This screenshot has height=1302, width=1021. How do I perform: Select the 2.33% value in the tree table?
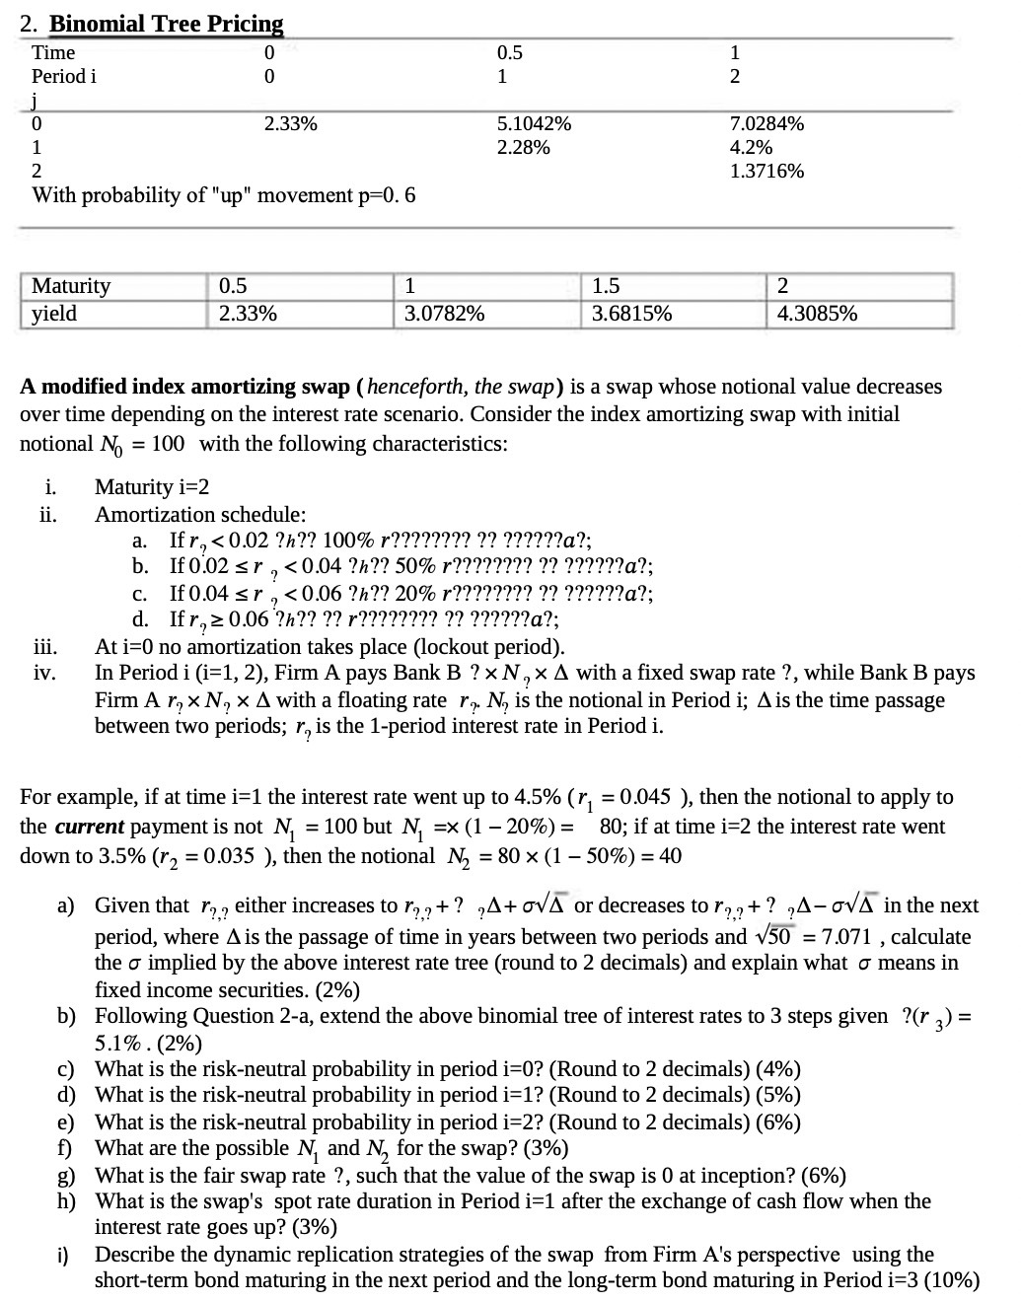(x=290, y=124)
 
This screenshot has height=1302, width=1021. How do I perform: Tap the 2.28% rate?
(x=523, y=148)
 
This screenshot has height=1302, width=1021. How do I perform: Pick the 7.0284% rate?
(x=766, y=124)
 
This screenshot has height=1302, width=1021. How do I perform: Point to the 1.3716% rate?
(x=766, y=172)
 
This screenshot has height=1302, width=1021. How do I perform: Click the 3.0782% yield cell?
(x=444, y=315)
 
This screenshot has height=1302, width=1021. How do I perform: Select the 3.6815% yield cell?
(x=631, y=315)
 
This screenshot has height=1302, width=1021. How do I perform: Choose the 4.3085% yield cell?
(x=817, y=315)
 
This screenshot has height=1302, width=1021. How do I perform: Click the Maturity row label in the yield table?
(x=71, y=287)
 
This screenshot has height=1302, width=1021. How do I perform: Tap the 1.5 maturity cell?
(x=606, y=287)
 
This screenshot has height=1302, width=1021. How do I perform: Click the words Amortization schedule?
(x=199, y=515)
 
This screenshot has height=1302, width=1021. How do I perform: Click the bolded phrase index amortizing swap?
(x=204, y=387)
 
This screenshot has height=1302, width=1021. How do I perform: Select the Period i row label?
(x=64, y=77)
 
